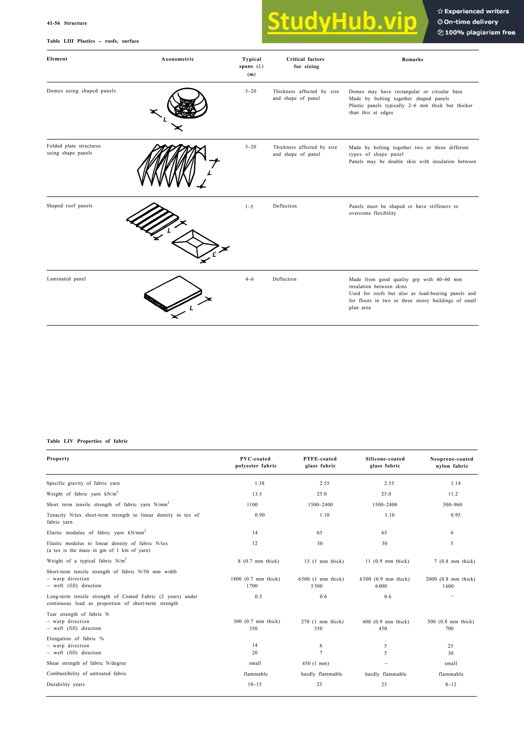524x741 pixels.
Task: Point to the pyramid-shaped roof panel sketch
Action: click(x=195, y=243)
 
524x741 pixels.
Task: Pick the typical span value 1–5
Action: click(x=249, y=207)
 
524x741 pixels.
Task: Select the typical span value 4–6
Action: click(x=249, y=279)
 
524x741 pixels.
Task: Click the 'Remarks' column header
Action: click(x=412, y=59)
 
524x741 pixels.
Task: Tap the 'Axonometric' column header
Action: click(x=178, y=59)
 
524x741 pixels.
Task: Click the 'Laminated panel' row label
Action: click(x=66, y=279)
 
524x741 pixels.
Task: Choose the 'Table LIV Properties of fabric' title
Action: click(x=87, y=441)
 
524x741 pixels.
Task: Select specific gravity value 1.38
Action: click(x=259, y=484)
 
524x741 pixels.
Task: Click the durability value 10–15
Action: click(x=254, y=684)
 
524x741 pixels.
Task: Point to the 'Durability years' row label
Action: click(x=65, y=684)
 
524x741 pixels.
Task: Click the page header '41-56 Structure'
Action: click(x=67, y=23)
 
